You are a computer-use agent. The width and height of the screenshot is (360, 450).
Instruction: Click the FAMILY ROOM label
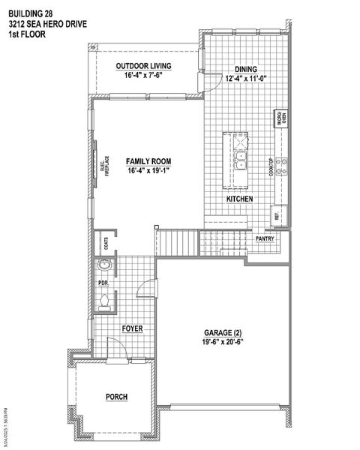coord(148,161)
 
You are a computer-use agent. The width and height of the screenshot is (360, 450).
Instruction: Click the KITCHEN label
coord(239,199)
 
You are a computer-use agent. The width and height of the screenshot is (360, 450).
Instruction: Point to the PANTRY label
coord(264,239)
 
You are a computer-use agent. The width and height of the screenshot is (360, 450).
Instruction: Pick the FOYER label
coord(133,328)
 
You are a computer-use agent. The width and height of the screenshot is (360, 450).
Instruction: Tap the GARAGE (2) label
coord(223,332)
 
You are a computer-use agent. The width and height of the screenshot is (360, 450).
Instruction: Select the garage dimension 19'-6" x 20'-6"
coord(223,342)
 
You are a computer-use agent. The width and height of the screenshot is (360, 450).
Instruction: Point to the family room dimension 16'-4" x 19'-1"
coord(148,171)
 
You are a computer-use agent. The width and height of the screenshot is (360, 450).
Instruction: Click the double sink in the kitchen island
coord(241,160)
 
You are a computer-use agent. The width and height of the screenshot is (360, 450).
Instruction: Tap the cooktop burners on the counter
coord(283,166)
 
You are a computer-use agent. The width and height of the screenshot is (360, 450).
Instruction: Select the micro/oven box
coord(283,118)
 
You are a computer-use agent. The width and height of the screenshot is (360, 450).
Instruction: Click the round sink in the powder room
coord(105,265)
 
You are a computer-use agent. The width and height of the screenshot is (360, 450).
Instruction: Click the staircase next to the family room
coord(176,242)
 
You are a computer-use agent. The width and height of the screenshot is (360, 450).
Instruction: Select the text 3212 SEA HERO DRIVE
coord(48,24)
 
